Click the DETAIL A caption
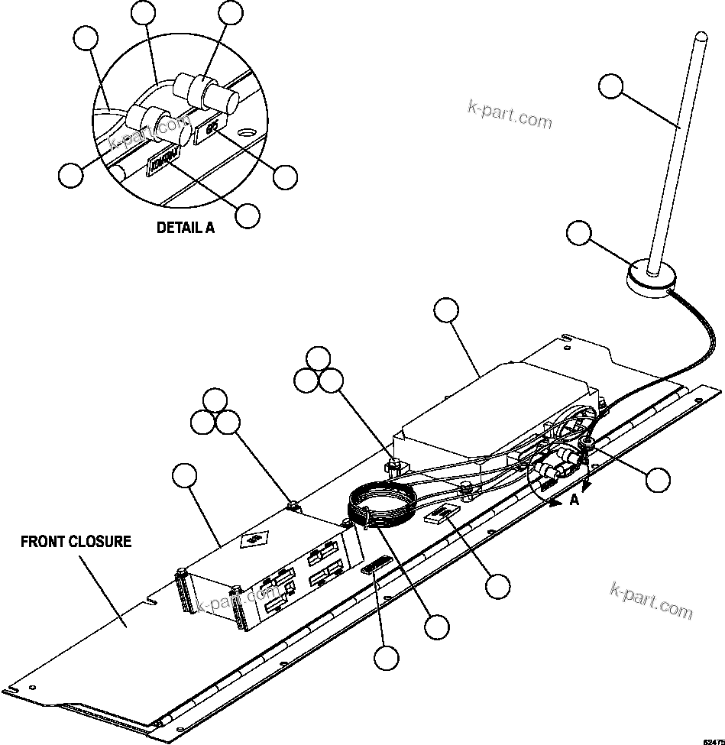[185, 227]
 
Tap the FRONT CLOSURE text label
[76, 542]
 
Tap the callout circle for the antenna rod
[610, 86]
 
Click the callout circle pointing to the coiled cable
[437, 627]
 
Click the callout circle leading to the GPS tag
[285, 177]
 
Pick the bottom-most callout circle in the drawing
[386, 656]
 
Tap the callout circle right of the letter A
[657, 479]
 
